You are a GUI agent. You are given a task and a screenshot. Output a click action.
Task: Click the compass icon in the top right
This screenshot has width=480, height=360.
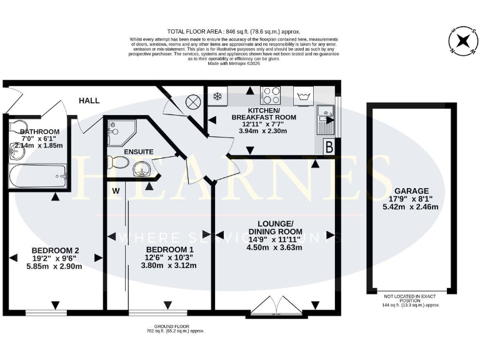coord(462,42)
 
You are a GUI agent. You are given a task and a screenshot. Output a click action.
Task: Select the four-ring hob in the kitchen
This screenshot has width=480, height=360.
coord(270,96)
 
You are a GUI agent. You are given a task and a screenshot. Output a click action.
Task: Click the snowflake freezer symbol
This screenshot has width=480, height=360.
coord(219,96)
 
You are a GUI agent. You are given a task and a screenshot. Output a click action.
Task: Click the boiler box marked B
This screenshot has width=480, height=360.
coord(329,147)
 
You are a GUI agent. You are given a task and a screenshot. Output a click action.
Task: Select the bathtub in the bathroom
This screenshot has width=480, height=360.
coord(37,176)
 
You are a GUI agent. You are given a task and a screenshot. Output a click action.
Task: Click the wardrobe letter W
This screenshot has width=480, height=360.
coord(116,190)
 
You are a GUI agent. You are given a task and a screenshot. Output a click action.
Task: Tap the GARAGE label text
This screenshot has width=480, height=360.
coord(411,191)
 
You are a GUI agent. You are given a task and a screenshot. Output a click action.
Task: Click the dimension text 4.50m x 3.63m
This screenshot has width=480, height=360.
coord(276,247)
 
